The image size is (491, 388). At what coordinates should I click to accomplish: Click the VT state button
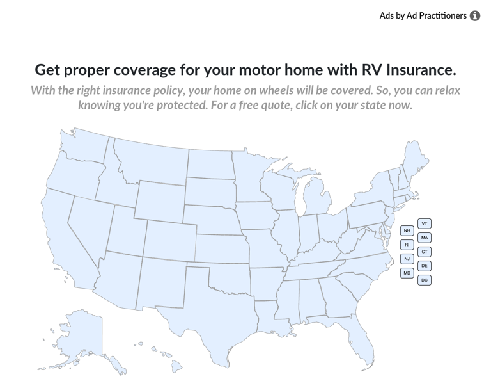click(x=425, y=223)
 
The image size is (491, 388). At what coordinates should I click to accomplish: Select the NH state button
click(x=407, y=230)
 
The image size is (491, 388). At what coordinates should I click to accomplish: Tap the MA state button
click(x=425, y=238)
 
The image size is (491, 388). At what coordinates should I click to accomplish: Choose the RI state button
click(x=407, y=245)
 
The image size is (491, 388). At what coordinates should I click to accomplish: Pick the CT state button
click(x=425, y=252)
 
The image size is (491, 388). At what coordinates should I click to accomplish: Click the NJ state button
click(x=407, y=259)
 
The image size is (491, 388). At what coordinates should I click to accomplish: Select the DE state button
click(x=425, y=266)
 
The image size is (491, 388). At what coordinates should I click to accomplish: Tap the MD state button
click(x=407, y=273)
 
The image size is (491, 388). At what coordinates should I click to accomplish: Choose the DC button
click(x=425, y=280)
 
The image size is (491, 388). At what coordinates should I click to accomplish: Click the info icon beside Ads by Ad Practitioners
click(x=475, y=16)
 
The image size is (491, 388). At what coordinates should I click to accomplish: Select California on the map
click(x=64, y=237)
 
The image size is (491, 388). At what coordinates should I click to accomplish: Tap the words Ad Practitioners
click(x=437, y=15)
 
